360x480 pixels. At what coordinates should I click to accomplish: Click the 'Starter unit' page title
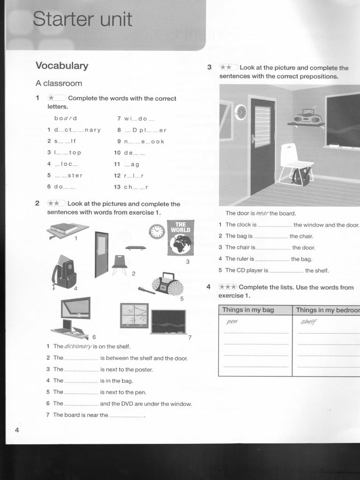coord(82,20)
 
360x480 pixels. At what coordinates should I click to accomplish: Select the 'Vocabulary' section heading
coord(62,66)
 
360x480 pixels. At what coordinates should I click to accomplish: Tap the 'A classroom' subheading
coord(59,83)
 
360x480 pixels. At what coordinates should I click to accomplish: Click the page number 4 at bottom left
coord(17,430)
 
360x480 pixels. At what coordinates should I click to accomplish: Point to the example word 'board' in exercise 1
coord(66,119)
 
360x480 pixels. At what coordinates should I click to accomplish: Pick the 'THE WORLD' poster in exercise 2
coord(180,238)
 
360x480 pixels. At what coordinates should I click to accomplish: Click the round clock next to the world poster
coord(157,232)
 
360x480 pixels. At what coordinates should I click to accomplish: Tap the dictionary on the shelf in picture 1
coord(64,229)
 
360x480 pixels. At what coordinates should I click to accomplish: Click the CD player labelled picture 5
coord(167,284)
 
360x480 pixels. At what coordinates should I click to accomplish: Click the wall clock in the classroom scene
coord(240,112)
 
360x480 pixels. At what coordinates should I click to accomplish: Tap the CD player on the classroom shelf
coord(307,116)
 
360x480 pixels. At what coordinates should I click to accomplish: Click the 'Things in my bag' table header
coord(248,310)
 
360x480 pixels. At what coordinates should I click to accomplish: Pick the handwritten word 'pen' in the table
coord(232,322)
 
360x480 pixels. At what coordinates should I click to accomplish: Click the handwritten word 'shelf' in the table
coord(308,322)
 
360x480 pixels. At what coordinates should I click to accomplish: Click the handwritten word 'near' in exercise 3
coord(262,213)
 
